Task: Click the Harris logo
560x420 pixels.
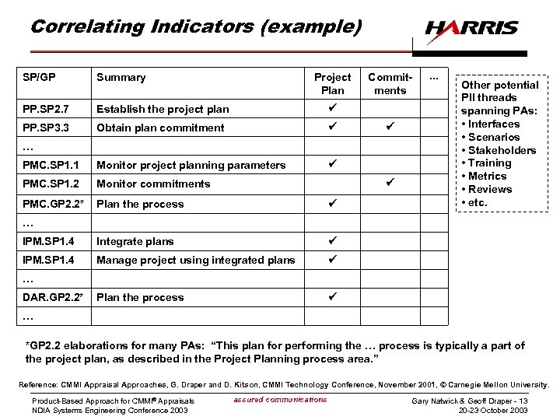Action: (x=471, y=29)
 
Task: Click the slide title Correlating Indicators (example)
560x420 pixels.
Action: (x=196, y=26)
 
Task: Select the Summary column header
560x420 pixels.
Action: (x=121, y=77)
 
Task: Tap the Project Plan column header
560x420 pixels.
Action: (x=332, y=83)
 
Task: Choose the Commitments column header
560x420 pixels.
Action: (x=390, y=83)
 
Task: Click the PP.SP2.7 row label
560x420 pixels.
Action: (x=47, y=109)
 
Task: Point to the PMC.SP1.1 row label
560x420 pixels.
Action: (x=51, y=165)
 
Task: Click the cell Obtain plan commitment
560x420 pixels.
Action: (x=160, y=128)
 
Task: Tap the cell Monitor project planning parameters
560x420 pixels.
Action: (x=191, y=165)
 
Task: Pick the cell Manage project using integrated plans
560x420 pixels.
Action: (x=195, y=260)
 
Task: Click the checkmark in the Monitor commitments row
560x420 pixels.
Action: (x=390, y=183)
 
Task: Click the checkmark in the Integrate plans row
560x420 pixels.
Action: (x=332, y=240)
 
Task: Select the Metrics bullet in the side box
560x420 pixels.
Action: (x=490, y=177)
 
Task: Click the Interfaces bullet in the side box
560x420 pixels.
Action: (x=493, y=124)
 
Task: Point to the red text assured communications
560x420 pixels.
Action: (x=280, y=400)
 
